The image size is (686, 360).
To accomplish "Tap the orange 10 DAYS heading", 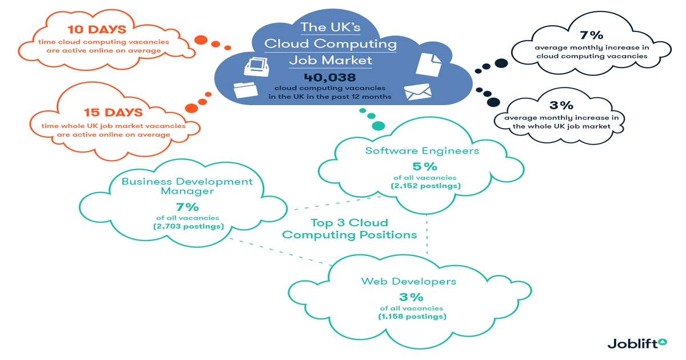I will [95, 29].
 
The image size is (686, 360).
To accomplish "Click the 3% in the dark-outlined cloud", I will [561, 106].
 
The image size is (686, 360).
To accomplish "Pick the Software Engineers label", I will [422, 151].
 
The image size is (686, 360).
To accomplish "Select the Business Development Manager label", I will [187, 186].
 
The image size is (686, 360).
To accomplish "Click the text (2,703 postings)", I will [187, 227].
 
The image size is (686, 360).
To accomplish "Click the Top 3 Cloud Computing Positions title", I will [349, 229].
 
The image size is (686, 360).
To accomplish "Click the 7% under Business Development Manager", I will [187, 206].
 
